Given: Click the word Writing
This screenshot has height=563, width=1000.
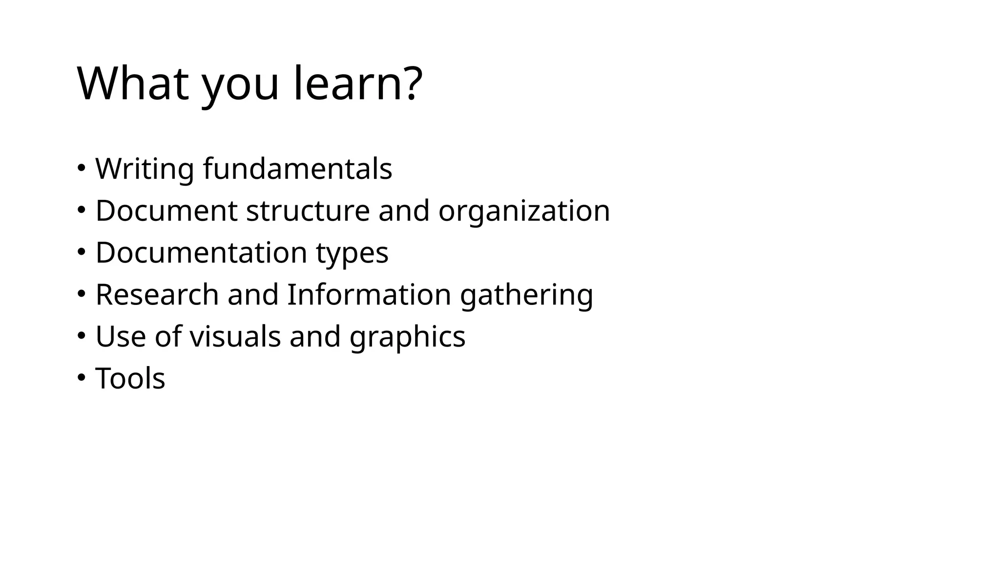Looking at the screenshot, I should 145,169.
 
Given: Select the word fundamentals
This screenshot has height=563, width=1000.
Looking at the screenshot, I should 297,169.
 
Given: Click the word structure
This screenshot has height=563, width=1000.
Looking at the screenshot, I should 308,211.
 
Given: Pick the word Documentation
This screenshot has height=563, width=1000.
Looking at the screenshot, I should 201,253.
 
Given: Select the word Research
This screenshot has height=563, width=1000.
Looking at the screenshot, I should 157,295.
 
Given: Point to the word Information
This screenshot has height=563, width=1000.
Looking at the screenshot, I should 369,295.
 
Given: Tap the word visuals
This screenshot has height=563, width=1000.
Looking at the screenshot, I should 235,337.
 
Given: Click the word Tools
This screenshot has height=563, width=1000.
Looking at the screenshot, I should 130,379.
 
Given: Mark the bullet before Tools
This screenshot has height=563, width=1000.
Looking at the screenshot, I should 81,377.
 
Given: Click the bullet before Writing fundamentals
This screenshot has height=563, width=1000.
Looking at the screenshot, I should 81,168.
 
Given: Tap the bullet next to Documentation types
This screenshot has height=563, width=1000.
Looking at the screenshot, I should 81,252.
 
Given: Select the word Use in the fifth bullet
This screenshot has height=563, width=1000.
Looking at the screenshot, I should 121,337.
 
